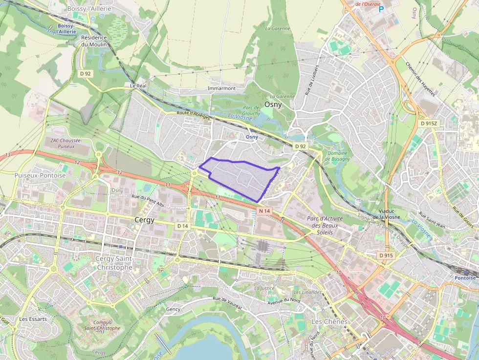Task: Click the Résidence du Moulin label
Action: tap(94, 41)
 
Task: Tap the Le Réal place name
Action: tap(138, 85)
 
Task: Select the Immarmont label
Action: tap(221, 88)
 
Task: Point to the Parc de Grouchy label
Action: tap(251, 110)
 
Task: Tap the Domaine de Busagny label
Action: tap(338, 156)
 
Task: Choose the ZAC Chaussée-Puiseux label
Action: tap(66, 143)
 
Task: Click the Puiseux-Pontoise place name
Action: tap(40, 175)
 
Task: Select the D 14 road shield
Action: tap(182, 226)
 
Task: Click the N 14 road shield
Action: tap(264, 211)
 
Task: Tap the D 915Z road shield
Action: tap(429, 123)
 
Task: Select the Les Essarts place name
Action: tap(33, 319)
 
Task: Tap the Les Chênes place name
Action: tap(329, 321)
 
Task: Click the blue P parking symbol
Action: tap(381, 9)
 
